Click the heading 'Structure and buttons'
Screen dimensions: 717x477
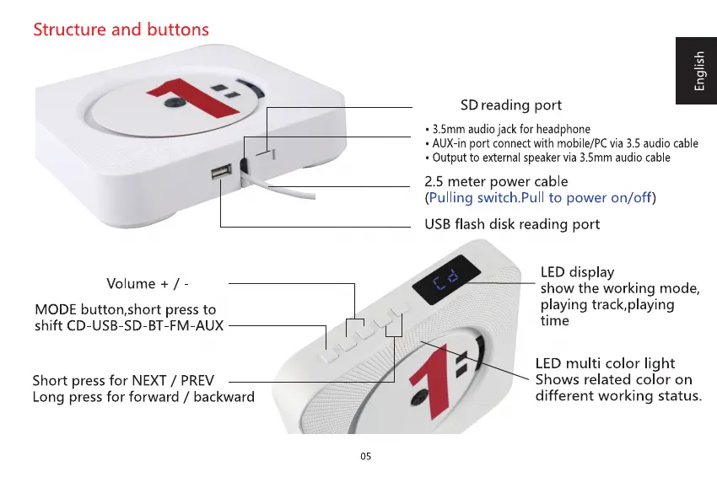point(121,29)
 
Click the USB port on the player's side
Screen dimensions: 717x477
point(221,173)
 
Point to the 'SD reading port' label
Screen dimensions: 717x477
point(510,106)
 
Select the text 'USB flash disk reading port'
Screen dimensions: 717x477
point(511,224)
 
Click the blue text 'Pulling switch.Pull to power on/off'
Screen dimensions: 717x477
point(540,198)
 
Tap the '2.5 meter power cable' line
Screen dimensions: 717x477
point(495,181)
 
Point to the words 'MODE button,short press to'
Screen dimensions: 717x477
point(124,309)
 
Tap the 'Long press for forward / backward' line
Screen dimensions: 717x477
point(143,396)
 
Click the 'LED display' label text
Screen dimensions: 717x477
point(577,272)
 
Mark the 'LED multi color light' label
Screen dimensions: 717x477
point(605,363)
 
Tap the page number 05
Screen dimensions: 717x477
point(364,456)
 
